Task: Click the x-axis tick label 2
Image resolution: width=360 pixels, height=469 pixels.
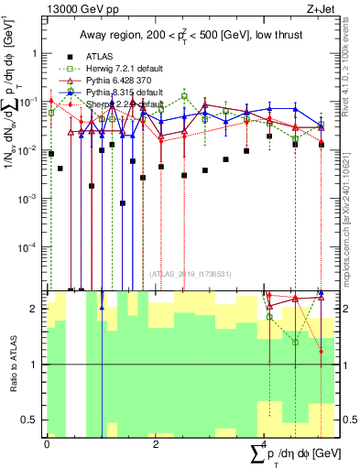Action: pyautogui.click(x=156, y=443)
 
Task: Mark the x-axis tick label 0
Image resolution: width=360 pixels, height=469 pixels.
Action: pyautogui.click(x=47, y=443)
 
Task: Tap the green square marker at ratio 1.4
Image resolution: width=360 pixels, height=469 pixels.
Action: pyautogui.click(x=295, y=342)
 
